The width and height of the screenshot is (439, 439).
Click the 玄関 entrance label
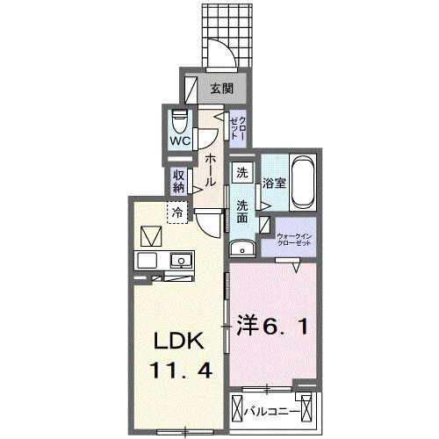pos(221,88)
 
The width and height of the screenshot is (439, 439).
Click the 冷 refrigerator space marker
pos(177,212)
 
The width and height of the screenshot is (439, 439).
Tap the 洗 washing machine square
pos(242,174)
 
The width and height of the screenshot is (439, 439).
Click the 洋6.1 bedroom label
pos(277,327)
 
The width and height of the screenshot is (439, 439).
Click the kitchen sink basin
pos(181,261)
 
